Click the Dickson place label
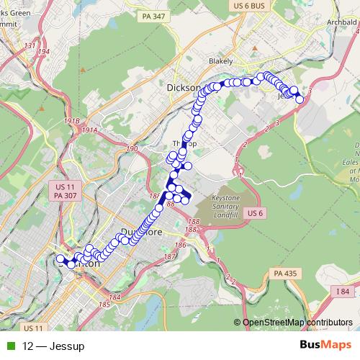[183, 86]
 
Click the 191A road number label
[89, 130]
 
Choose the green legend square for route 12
[9, 346]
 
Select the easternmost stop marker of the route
[300, 99]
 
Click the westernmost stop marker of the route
[60, 258]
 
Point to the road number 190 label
[131, 149]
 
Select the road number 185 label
[105, 305]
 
